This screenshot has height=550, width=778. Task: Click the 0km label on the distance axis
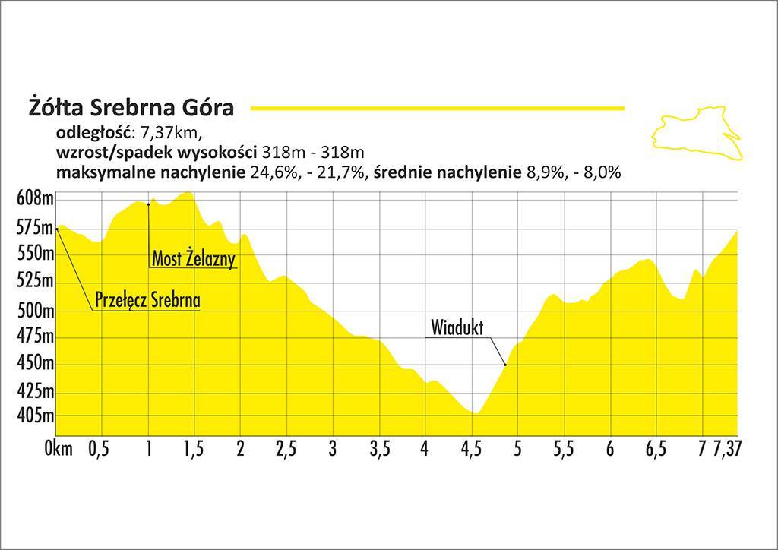[x=59, y=449]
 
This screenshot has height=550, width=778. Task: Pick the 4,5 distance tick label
[x=471, y=449]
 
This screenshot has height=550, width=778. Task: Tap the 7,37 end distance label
[x=726, y=449]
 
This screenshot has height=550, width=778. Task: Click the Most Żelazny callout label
[x=194, y=258]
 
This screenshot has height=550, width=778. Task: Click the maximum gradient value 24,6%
[x=271, y=172]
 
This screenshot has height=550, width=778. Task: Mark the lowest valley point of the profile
[x=476, y=413]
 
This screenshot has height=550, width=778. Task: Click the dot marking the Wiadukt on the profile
[x=505, y=365]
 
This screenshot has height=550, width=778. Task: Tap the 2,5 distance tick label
[x=286, y=449]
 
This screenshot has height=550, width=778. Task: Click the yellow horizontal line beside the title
[x=437, y=109]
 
